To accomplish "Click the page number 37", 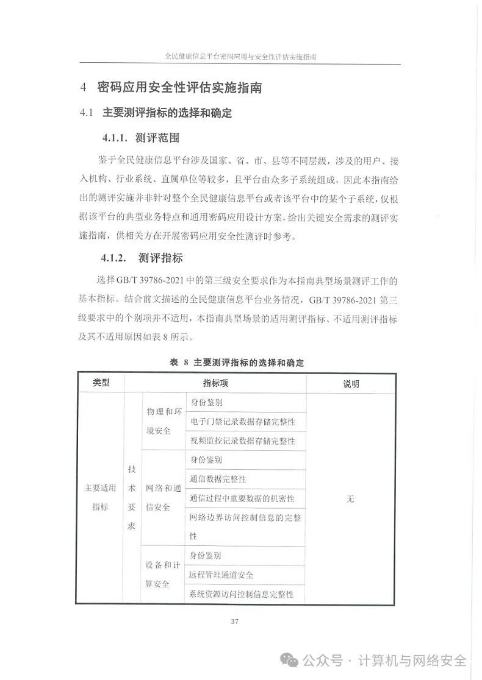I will coord(235,622).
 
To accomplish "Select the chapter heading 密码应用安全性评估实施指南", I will coord(180,87).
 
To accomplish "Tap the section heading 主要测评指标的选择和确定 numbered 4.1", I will coord(168,113).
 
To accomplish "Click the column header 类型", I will coord(101,383).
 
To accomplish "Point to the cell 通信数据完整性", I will coord(218,479).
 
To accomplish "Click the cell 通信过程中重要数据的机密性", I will coord(242,498).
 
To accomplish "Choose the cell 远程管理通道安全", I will coord(221,575).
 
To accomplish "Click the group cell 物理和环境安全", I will coord(163,421).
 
